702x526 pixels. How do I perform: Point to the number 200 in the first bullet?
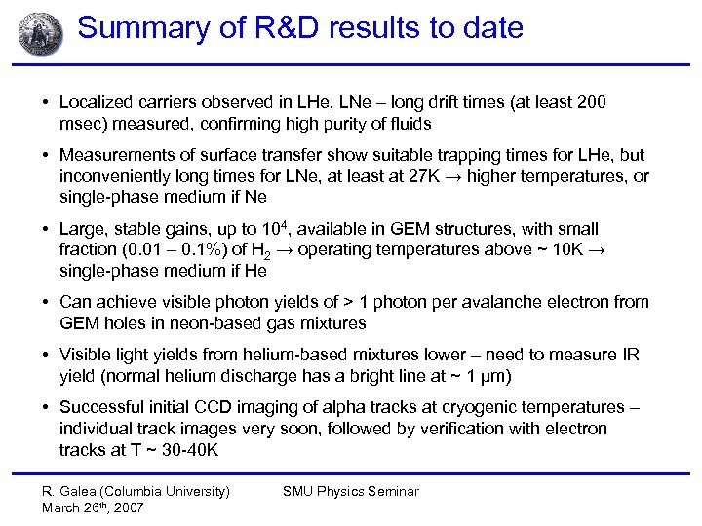pos(591,102)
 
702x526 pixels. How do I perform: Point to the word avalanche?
pos(515,302)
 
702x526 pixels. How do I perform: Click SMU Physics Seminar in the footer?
pos(350,491)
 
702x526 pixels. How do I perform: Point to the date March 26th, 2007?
pos(93,507)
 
